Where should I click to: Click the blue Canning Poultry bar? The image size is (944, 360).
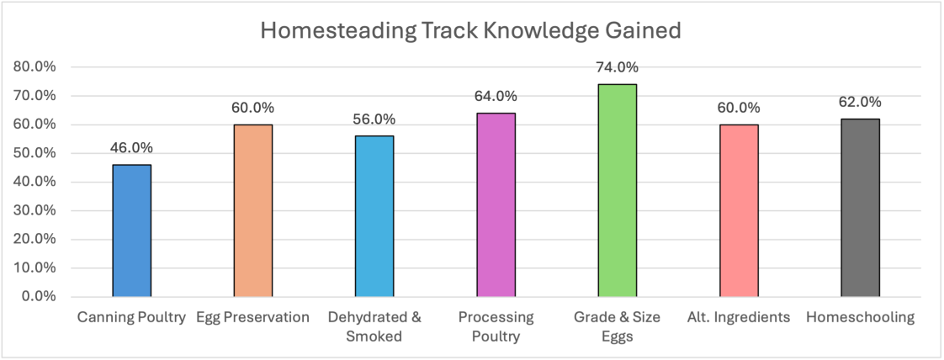point(132,230)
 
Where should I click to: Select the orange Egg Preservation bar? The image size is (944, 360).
point(253,210)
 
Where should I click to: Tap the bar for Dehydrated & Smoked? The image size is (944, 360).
point(374,216)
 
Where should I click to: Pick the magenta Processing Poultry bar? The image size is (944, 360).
point(496,204)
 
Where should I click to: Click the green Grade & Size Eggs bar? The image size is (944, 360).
point(618,190)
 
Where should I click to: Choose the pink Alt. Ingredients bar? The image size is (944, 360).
point(740,210)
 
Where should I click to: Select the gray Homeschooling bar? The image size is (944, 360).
point(861,208)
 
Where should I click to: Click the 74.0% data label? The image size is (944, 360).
point(618,67)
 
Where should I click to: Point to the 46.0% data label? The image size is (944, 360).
point(132,148)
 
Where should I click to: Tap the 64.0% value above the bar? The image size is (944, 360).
point(496,96)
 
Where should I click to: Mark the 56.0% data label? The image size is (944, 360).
point(374,119)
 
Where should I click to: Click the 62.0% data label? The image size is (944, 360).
point(861,102)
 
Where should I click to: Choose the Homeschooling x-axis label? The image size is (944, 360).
point(860,318)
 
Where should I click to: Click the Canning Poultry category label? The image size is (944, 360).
point(132,318)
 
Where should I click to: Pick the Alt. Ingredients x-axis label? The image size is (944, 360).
point(739,318)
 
